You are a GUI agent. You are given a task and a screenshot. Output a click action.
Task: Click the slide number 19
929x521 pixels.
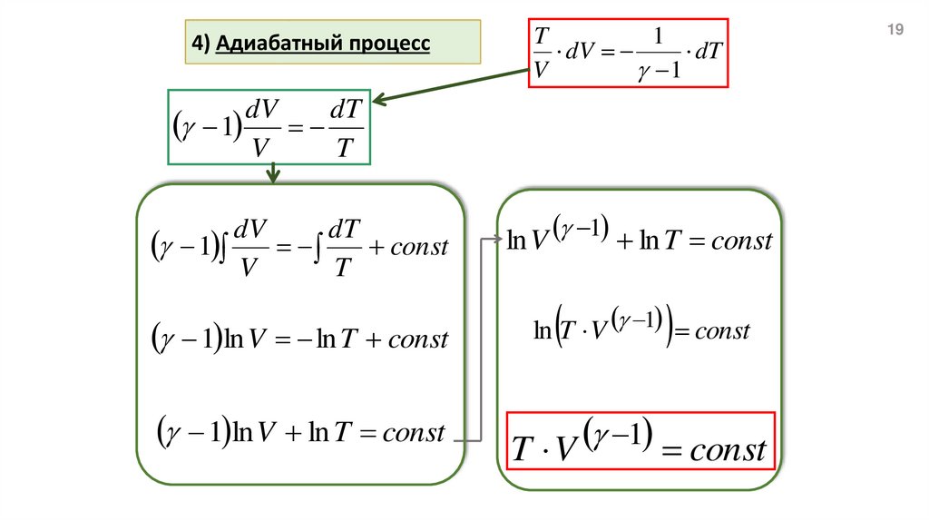pyautogui.click(x=895, y=31)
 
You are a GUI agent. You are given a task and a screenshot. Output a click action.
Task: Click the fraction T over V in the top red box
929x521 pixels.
pyautogui.click(x=542, y=53)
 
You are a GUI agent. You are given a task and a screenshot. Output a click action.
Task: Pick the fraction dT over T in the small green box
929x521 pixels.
pyautogui.click(x=342, y=128)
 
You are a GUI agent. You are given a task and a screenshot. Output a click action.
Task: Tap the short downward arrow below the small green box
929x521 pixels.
pyautogui.click(x=271, y=172)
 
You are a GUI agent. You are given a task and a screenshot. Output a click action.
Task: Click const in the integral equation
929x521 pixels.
pyautogui.click(x=419, y=247)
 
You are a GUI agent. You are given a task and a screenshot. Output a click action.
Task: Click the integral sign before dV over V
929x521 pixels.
pyautogui.click(x=223, y=247)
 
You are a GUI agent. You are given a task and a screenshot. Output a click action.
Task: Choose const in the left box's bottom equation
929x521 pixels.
pyautogui.click(x=414, y=432)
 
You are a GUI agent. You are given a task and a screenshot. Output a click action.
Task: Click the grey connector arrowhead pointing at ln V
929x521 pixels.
pyautogui.click(x=497, y=240)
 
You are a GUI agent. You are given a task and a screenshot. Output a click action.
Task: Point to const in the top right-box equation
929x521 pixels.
pyautogui.click(x=741, y=241)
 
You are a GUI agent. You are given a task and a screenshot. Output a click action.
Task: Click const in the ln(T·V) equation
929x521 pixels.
pyautogui.click(x=722, y=330)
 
